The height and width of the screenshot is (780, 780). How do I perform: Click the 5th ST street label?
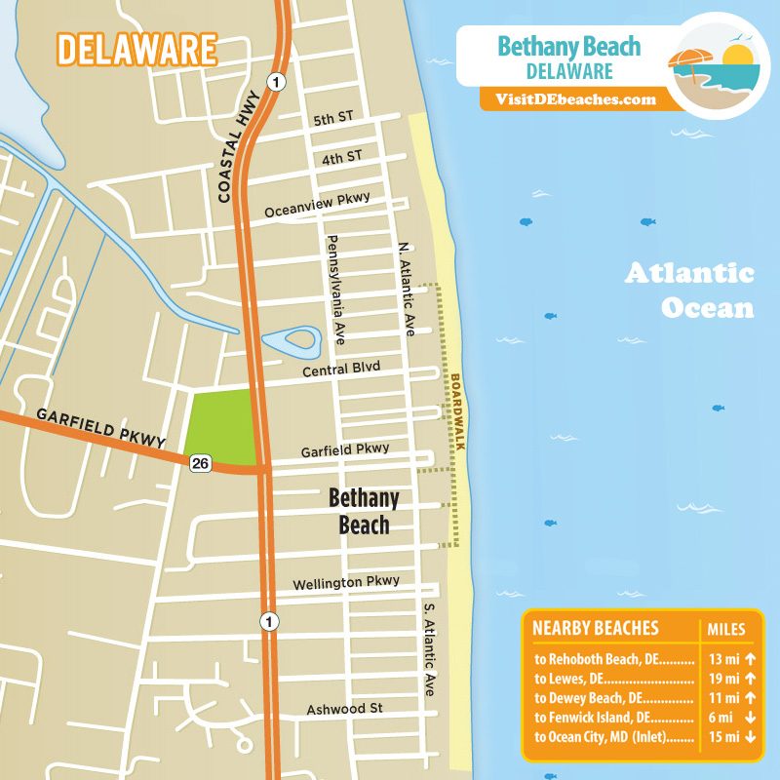click(x=333, y=118)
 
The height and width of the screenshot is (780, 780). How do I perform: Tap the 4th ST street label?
click(x=341, y=156)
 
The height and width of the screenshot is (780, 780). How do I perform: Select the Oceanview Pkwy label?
click(x=318, y=205)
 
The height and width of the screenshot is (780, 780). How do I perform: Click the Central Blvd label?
click(x=340, y=368)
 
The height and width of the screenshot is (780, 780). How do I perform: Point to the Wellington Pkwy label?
click(x=346, y=582)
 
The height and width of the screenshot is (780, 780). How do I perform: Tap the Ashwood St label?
click(x=344, y=709)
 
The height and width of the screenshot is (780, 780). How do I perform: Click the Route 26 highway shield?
click(x=200, y=463)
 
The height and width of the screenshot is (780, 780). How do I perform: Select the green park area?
click(x=220, y=425)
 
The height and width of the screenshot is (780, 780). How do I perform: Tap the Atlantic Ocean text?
click(x=690, y=290)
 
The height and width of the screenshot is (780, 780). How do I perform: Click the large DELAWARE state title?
click(x=136, y=49)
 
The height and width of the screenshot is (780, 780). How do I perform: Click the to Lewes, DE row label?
click(x=612, y=679)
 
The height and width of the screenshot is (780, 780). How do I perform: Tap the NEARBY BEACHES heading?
click(x=597, y=628)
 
